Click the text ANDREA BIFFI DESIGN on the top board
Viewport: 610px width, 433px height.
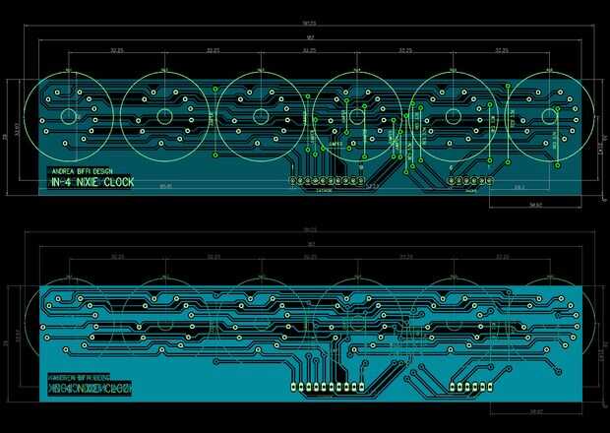[81, 171]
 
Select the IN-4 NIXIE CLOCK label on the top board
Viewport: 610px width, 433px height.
[91, 182]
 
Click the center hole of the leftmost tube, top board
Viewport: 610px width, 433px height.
[69, 115]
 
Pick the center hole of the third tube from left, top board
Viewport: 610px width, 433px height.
[261, 115]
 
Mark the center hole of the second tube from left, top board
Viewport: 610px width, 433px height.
[165, 115]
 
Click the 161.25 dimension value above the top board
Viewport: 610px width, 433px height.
[309, 24]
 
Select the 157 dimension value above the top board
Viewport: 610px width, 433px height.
[309, 38]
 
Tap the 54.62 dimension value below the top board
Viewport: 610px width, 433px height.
[535, 205]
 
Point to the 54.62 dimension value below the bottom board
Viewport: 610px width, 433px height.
[535, 411]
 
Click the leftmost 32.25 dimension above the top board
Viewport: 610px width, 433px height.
[117, 50]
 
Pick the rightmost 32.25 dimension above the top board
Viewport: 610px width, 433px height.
[502, 50]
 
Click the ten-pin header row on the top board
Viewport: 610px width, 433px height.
[326, 181]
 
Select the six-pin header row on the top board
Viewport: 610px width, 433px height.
[470, 181]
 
